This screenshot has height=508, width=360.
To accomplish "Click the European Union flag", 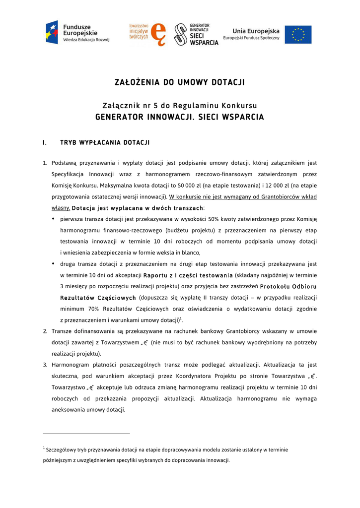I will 298,34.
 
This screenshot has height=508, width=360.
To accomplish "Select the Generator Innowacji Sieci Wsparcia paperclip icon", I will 181,34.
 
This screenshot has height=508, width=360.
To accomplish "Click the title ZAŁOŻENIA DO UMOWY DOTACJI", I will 180,82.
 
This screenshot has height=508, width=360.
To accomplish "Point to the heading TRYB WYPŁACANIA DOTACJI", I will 105,143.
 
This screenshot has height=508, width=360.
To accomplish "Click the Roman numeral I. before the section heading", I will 45,143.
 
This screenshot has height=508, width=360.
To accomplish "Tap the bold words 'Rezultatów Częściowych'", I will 98,298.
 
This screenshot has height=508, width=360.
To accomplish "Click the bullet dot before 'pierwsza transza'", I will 54,218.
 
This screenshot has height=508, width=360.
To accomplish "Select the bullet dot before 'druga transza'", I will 54,263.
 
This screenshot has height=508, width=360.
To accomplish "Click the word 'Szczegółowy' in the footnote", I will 62,450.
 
